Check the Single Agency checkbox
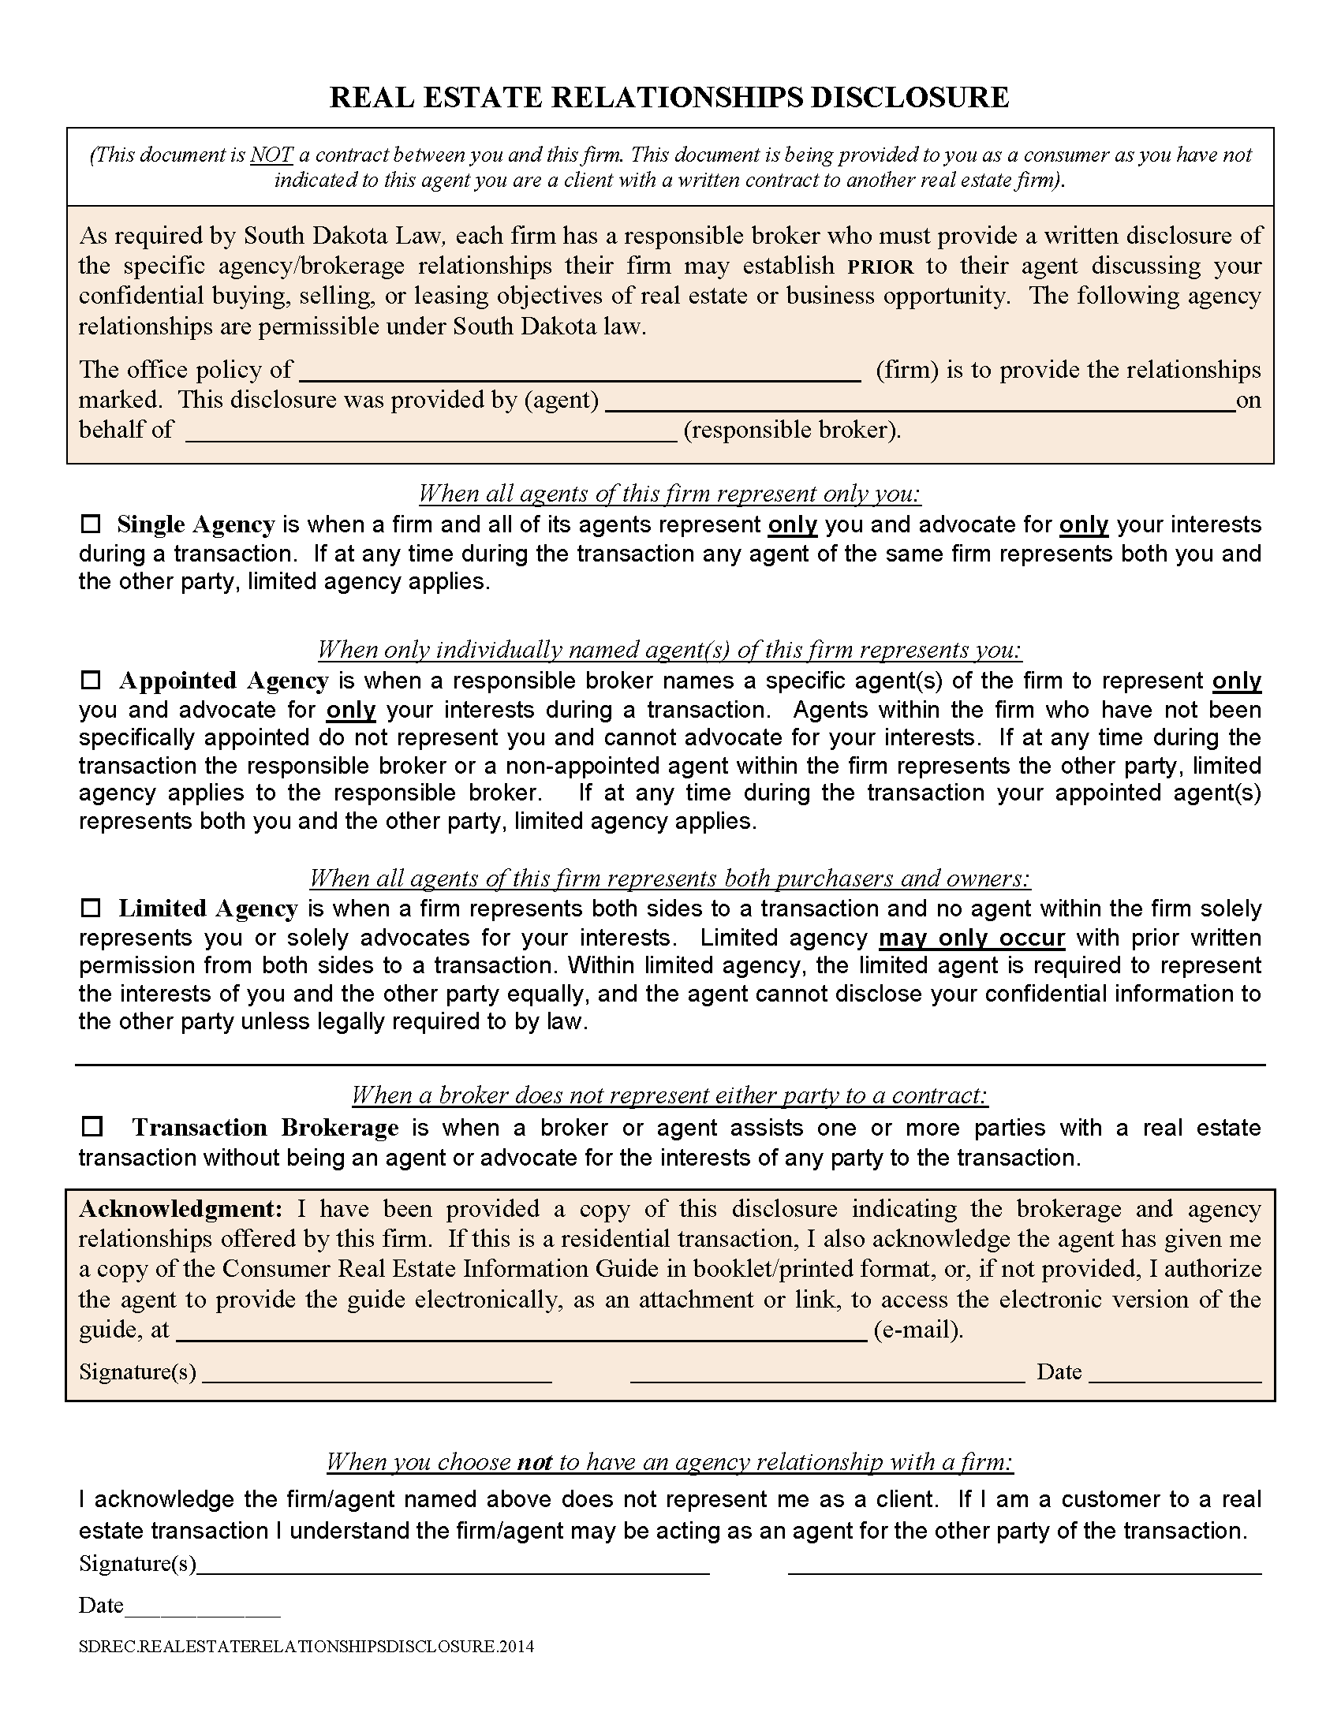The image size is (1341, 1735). (x=92, y=524)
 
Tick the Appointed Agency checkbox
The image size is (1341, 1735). (x=92, y=681)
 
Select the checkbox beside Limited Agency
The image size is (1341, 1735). (x=92, y=908)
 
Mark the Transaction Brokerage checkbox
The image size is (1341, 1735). (x=93, y=1126)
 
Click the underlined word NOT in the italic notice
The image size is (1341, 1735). (x=271, y=155)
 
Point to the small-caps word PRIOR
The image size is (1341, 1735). (x=880, y=267)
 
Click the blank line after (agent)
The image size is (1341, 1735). (x=920, y=403)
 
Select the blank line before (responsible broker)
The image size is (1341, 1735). (x=431, y=433)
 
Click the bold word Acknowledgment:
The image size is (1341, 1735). (x=181, y=1209)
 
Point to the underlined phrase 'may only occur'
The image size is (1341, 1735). (x=971, y=938)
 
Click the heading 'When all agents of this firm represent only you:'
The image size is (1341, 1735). (x=670, y=494)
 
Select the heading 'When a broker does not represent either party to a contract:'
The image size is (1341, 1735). (x=670, y=1095)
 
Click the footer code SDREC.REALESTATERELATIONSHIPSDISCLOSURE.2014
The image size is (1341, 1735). (x=306, y=1647)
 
